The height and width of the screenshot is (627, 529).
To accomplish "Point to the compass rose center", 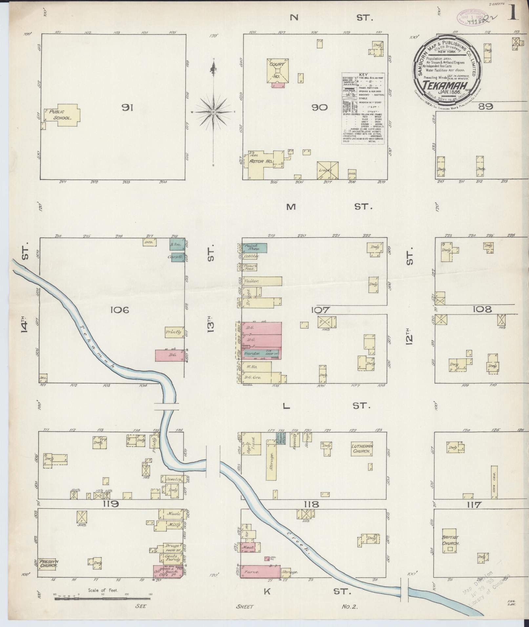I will [214, 112].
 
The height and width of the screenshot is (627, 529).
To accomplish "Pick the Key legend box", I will [363, 108].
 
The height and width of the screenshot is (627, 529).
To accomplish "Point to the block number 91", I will [127, 108].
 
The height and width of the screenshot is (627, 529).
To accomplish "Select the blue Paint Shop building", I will [254, 248].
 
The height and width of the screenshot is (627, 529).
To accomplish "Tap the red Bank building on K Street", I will [168, 571].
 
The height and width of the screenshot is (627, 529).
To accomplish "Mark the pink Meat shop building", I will [248, 547].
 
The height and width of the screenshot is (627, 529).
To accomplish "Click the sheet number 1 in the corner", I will [514, 14].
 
